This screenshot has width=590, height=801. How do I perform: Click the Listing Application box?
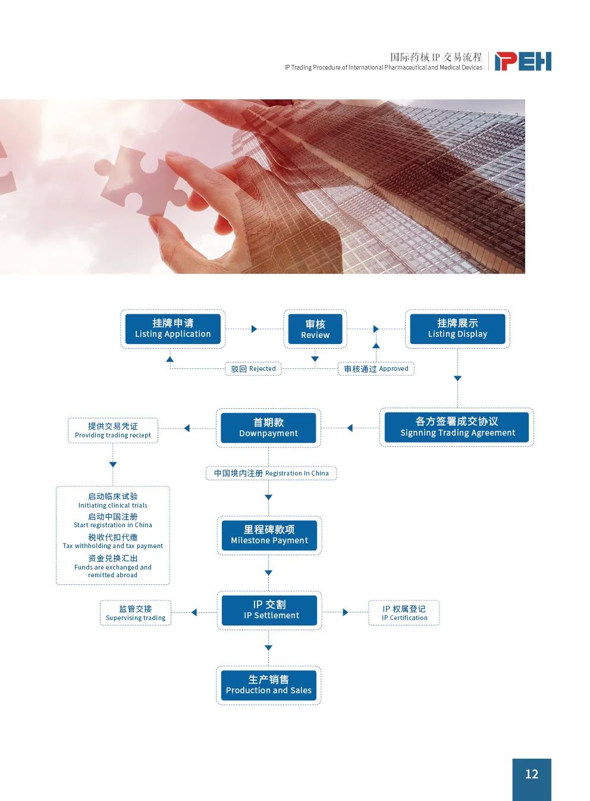[172, 328]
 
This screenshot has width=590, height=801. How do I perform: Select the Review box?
[315, 329]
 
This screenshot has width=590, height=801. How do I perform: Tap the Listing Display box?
[457, 328]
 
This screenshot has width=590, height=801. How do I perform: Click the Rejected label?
[253, 369]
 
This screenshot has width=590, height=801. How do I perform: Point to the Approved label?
[376, 369]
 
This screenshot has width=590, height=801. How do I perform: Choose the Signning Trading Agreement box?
[457, 427]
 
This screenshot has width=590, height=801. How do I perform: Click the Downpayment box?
[268, 428]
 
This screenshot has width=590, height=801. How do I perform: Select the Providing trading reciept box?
[113, 430]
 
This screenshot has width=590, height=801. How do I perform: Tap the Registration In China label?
[271, 473]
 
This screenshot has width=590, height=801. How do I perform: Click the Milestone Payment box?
[269, 535]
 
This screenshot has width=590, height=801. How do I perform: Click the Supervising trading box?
[136, 613]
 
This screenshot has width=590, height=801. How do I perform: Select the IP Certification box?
[404, 613]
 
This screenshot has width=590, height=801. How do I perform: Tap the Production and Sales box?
[268, 685]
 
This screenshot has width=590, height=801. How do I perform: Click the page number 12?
[532, 774]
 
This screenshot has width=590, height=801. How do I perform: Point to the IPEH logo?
[523, 61]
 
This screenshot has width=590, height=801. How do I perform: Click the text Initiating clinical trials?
[113, 505]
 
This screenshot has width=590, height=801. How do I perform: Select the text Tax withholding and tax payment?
[113, 546]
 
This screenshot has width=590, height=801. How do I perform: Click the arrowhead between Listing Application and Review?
[254, 329]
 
